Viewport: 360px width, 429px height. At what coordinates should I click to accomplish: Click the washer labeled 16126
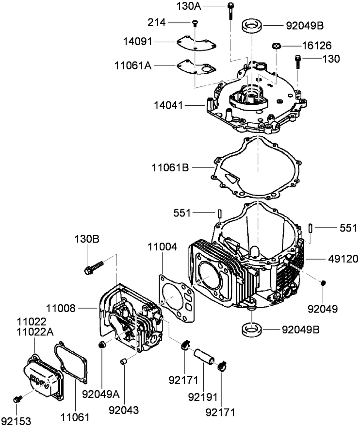click(276, 46)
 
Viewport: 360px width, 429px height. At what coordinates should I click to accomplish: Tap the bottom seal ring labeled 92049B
click(252, 330)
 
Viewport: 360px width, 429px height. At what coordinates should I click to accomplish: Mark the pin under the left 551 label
click(219, 213)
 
